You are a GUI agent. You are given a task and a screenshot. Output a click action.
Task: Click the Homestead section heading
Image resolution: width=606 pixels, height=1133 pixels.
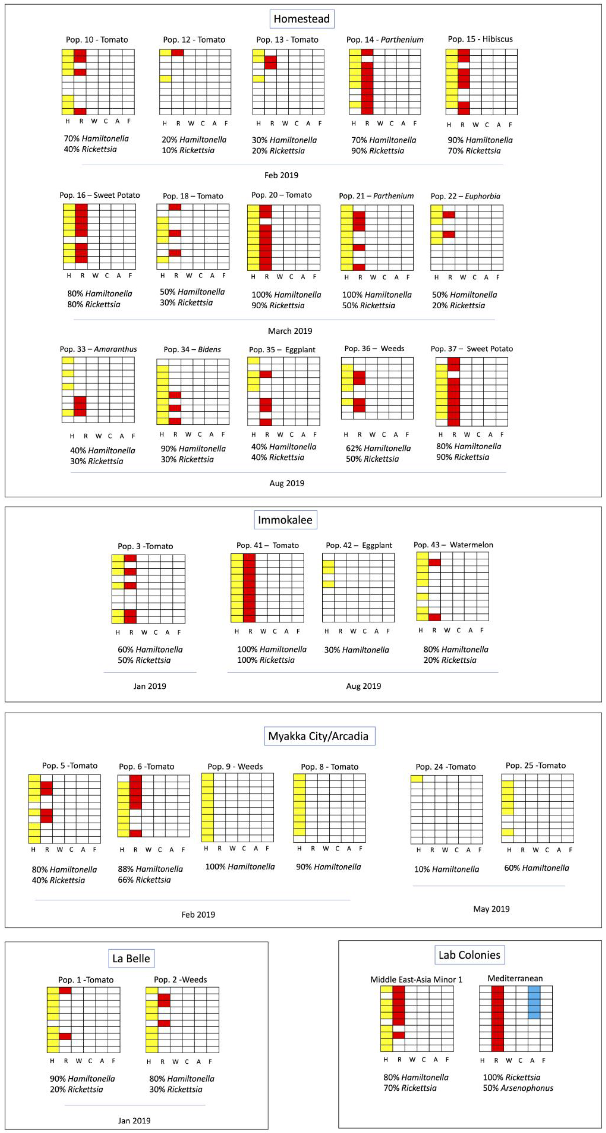click(302, 19)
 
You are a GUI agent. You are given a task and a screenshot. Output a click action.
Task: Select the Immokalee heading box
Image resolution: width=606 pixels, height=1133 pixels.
click(285, 520)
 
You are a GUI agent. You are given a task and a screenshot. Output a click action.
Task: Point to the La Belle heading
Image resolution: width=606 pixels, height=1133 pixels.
click(131, 958)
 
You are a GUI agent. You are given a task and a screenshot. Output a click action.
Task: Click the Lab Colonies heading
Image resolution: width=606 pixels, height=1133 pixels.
click(469, 955)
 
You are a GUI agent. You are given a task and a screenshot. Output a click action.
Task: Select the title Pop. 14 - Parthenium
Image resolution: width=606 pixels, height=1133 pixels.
click(385, 40)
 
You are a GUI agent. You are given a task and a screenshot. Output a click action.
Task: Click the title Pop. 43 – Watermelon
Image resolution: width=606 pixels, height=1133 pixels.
click(453, 545)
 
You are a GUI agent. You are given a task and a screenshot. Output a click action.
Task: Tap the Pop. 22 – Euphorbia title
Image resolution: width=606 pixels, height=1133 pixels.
click(465, 196)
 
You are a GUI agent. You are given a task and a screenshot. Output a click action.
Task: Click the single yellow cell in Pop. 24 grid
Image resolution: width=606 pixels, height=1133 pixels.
click(417, 779)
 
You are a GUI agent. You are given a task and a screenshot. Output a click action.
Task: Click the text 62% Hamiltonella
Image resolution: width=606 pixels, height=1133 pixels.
click(378, 448)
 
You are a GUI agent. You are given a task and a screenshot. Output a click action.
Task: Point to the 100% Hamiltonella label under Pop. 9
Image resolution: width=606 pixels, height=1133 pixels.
click(240, 866)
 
